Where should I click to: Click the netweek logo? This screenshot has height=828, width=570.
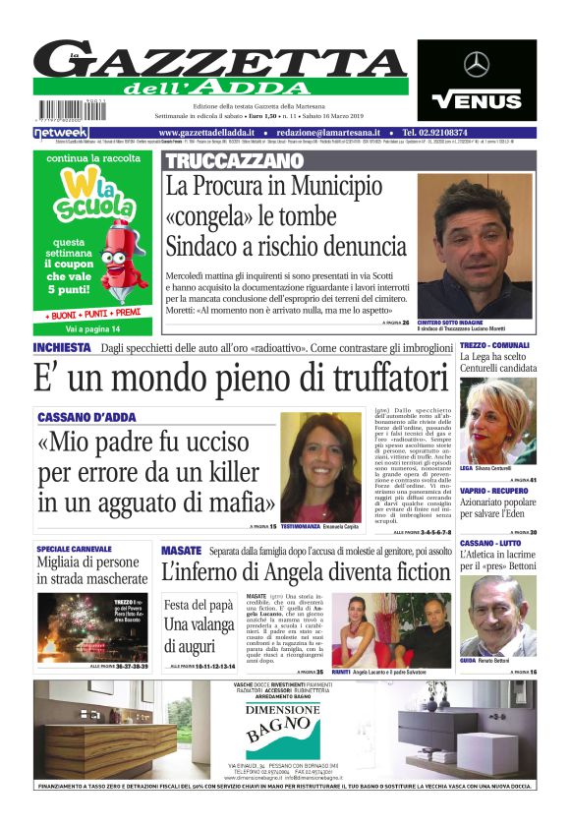click(61, 132)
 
